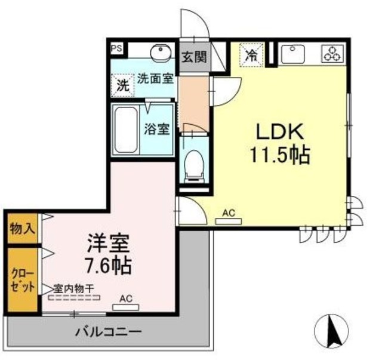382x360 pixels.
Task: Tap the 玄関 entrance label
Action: point(194,57)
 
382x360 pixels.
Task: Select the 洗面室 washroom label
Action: point(156,77)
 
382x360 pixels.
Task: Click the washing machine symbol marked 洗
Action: point(122,85)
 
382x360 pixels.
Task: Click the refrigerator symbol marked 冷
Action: point(252,56)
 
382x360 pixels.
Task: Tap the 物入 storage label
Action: point(21,228)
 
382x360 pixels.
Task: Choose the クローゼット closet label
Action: point(21,279)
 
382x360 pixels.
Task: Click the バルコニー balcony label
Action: point(108,331)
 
